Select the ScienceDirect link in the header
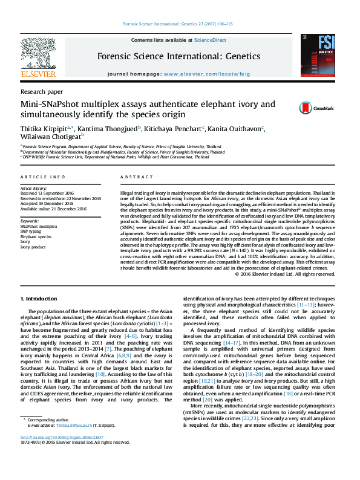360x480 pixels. tap(210, 40)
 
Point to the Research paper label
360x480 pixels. tap(42, 91)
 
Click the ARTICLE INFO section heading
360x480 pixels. tap(42, 177)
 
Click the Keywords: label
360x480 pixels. tap(30, 221)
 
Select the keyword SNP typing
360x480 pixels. tap(31, 232)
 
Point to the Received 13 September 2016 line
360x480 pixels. tap(50, 194)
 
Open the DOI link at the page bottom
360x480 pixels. tap(62, 454)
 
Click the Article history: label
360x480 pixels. tap(33, 189)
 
